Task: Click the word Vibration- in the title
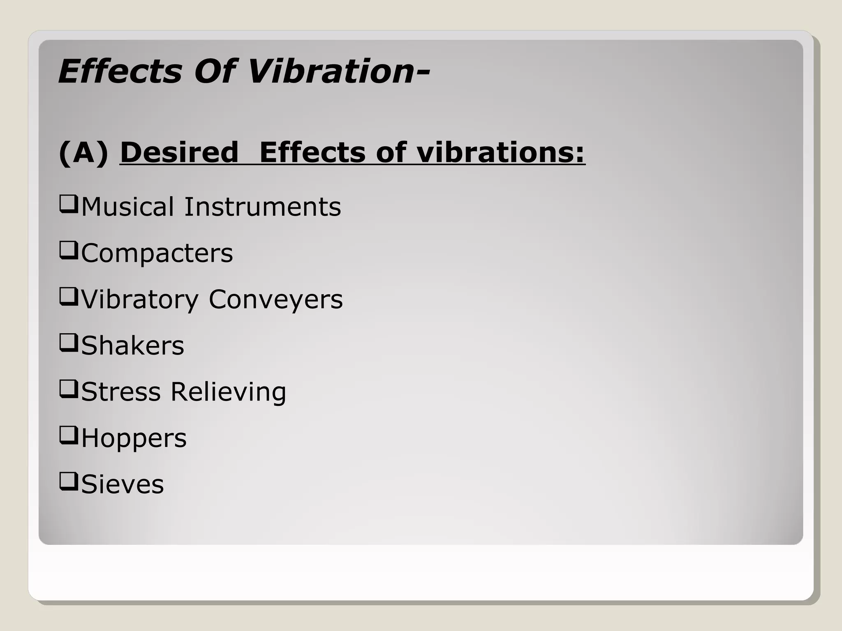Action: tap(339, 71)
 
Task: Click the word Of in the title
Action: tap(214, 71)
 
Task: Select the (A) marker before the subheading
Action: tap(84, 153)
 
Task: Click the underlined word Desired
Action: tap(179, 152)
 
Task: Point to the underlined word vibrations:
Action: tap(501, 152)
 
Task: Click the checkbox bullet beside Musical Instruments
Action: tap(68, 204)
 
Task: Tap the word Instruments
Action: tap(262, 206)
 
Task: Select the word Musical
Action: tap(127, 206)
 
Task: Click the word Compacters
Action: tap(157, 253)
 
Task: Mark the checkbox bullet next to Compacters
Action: tap(68, 251)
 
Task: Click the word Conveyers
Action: tap(275, 299)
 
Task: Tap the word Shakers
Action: tap(132, 345)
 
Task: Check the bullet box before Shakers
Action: tap(68, 343)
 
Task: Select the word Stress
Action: tap(121, 391)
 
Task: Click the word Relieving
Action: tap(228, 391)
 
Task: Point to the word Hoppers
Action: tap(134, 438)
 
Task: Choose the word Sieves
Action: tap(123, 484)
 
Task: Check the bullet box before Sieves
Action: tap(68, 481)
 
